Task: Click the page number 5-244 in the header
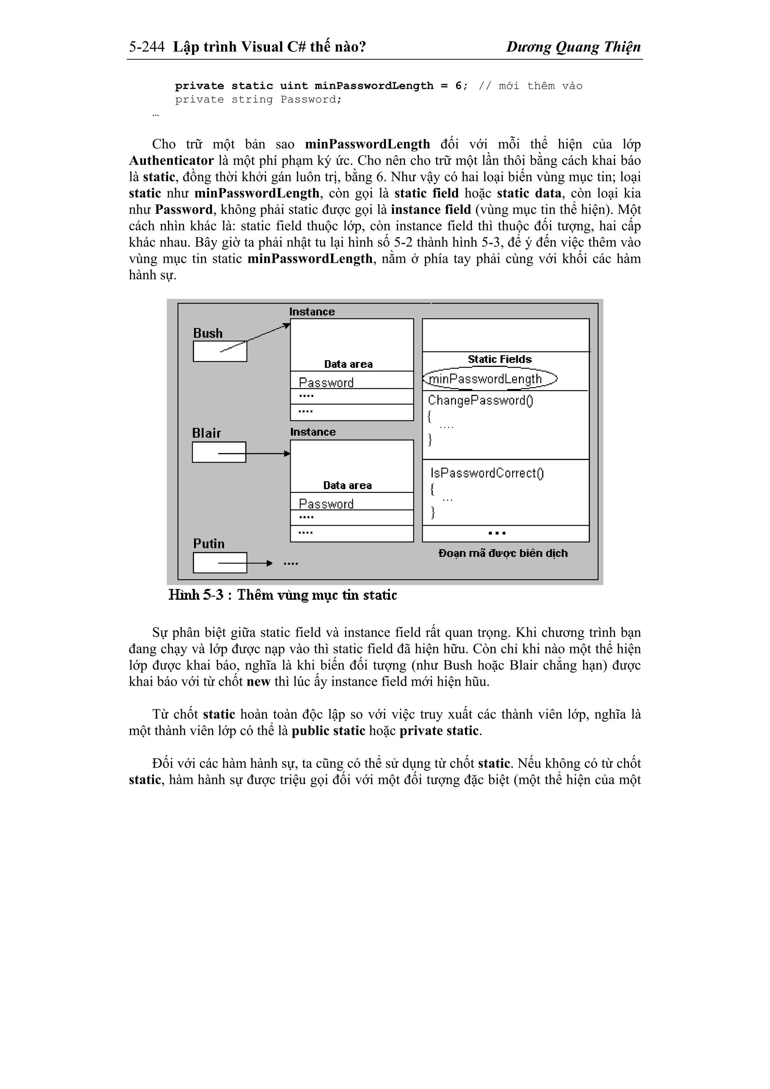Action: point(147,47)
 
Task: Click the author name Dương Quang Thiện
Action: point(573,47)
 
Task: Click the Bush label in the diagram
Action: point(208,333)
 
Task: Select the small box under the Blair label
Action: point(219,452)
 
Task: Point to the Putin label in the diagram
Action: point(209,544)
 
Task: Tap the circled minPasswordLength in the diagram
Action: point(490,379)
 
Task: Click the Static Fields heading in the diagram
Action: point(500,359)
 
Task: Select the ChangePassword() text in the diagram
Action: point(480,400)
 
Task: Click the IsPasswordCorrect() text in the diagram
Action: point(487,473)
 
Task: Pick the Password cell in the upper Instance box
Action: point(326,382)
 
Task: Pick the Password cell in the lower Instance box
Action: point(326,504)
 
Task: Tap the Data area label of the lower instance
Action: point(347,485)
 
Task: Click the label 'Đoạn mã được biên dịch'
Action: point(503,553)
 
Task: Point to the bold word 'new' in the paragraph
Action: point(259,682)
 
